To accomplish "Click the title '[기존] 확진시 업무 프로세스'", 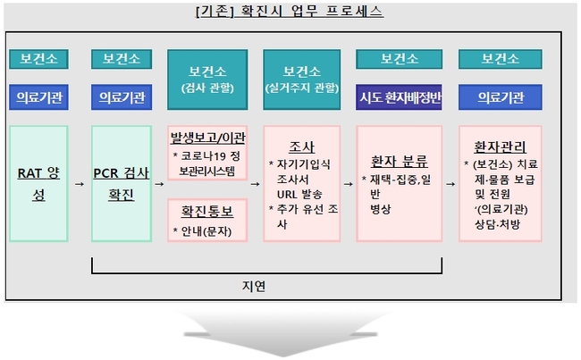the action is (x=290, y=11).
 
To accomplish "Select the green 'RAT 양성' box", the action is (x=39, y=184).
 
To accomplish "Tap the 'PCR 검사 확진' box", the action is (x=122, y=184).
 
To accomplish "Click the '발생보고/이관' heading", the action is (x=207, y=138).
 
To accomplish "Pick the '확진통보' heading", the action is (x=207, y=212).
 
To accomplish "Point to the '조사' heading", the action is (x=301, y=147).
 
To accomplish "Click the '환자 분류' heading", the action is (x=399, y=162).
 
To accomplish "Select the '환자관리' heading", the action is (x=501, y=147).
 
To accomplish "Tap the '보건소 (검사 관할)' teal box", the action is (x=207, y=80).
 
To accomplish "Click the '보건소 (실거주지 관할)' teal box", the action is (x=301, y=80).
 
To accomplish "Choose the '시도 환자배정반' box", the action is (x=399, y=97).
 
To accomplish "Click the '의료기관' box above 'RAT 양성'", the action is (x=39, y=97).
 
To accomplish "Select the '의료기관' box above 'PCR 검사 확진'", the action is (x=122, y=97).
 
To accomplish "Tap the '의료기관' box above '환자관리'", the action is (x=501, y=97).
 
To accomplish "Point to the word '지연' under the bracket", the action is (x=254, y=286).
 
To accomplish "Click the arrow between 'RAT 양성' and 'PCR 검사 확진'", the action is (x=80, y=184).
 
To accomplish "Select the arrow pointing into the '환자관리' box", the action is (x=450, y=184).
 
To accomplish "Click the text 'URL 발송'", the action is (x=299, y=195).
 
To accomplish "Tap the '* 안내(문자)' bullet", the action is (x=202, y=231).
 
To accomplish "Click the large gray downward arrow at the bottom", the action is (x=282, y=333).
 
